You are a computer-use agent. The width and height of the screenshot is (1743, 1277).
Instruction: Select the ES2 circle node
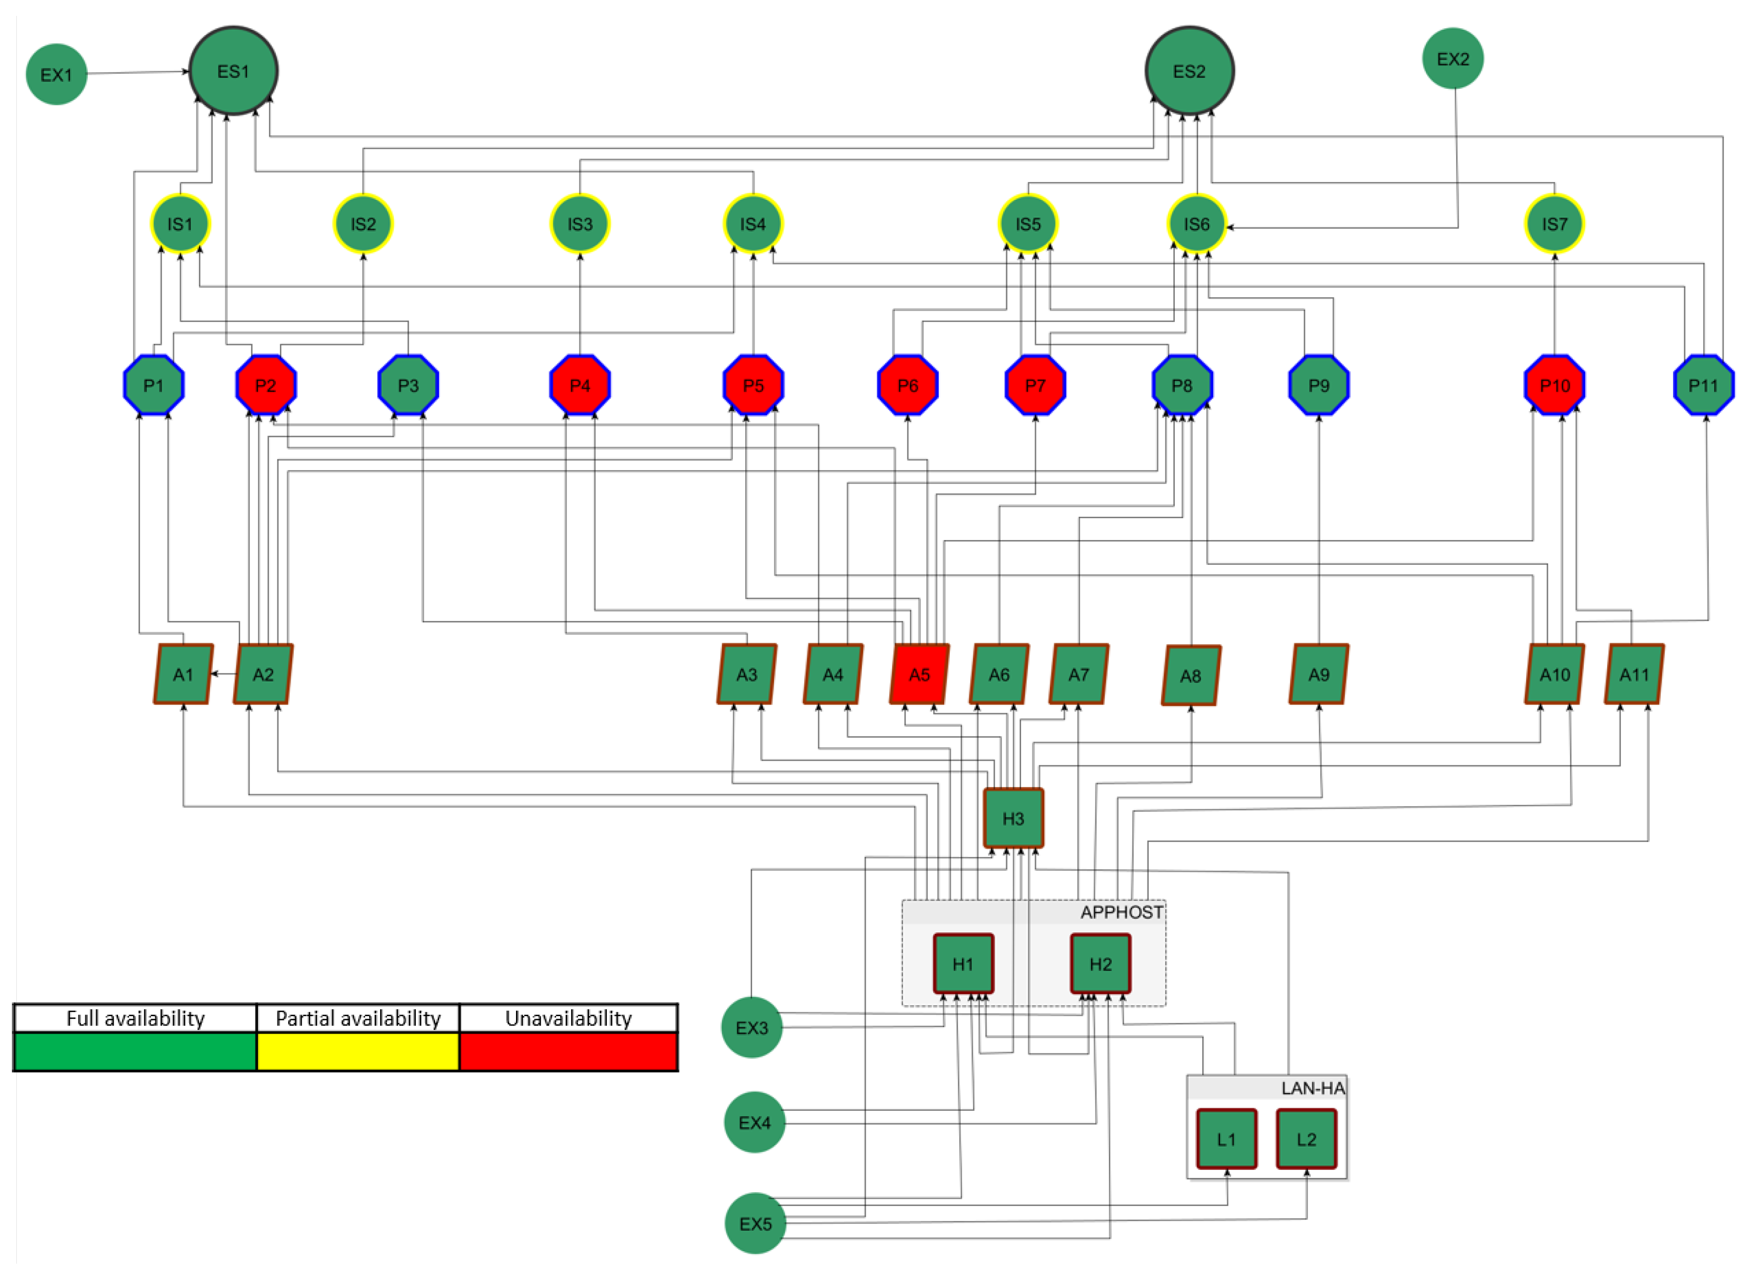(x=1189, y=71)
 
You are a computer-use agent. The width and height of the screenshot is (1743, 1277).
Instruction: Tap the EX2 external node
(x=1452, y=59)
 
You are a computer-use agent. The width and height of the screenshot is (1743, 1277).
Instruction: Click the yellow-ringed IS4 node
(x=752, y=223)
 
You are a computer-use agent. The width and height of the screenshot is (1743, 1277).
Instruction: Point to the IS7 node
(x=1554, y=223)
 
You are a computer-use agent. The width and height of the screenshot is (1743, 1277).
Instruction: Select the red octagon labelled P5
(x=752, y=385)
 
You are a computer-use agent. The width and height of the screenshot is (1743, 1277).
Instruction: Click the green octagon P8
(x=1181, y=385)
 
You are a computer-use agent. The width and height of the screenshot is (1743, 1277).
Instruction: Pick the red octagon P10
(x=1554, y=385)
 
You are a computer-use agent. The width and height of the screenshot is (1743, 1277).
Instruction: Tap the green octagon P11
(x=1703, y=385)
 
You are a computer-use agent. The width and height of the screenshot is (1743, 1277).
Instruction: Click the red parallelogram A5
(x=919, y=674)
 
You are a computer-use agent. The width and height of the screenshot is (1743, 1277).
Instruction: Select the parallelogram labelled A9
(x=1318, y=674)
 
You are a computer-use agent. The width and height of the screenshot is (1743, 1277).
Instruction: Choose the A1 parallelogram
(x=183, y=674)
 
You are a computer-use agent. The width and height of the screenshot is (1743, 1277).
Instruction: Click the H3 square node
(x=1013, y=818)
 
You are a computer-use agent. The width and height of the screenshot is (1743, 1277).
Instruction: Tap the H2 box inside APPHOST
(x=1099, y=963)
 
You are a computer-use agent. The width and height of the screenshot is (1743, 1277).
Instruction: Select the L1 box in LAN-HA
(x=1226, y=1139)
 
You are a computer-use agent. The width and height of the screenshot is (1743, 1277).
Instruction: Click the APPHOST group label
(x=1120, y=912)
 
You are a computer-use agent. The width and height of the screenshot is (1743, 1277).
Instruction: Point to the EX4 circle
(x=754, y=1122)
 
